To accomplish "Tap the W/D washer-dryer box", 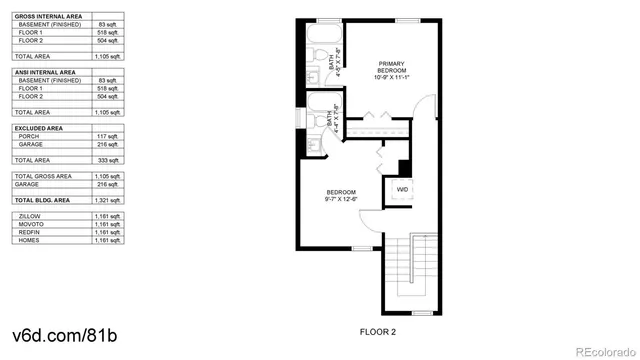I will pyautogui.click(x=402, y=188).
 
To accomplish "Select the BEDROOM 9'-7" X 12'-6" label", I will pyautogui.click(x=341, y=195).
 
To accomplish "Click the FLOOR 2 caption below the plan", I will pyautogui.click(x=378, y=330).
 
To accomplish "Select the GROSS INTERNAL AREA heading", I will pyautogui.click(x=49, y=13).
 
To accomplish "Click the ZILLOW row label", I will pyautogui.click(x=30, y=215).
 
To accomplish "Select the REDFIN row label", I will pyautogui.click(x=30, y=231).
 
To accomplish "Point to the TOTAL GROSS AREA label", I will pyautogui.click(x=45, y=176).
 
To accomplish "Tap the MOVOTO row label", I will pyautogui.click(x=31, y=223).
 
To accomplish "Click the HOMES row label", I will pyautogui.click(x=29, y=239).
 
